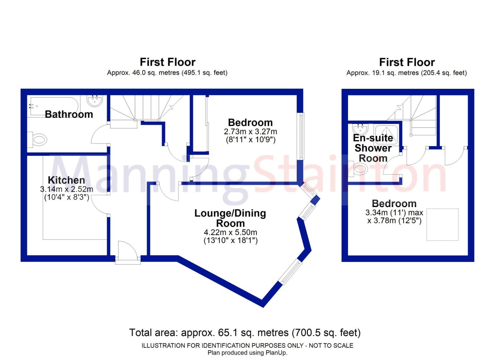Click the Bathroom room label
[69, 114]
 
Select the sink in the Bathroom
[95, 100]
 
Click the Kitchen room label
[66, 180]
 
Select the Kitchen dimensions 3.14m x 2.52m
[66, 189]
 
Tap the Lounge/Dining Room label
[230, 218]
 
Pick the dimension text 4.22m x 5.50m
[230, 232]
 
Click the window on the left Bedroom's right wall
[300, 136]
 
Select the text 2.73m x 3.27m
[250, 131]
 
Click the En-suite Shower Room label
[373, 148]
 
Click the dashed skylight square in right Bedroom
[442, 224]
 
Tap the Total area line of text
[245, 333]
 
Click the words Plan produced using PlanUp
[247, 353]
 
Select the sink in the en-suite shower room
[360, 129]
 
